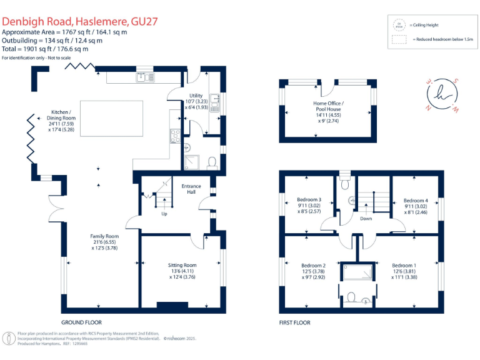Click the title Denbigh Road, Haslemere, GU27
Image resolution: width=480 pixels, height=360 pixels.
80,21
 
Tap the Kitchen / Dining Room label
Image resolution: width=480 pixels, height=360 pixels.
61,117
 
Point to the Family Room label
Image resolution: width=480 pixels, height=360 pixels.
104,236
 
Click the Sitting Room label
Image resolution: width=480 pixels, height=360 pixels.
182,265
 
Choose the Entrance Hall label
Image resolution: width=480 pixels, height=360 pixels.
191,189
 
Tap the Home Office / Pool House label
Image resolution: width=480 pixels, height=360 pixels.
328,106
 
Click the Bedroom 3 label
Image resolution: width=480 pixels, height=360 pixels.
309,200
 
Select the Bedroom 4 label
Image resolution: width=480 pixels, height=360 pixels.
416,201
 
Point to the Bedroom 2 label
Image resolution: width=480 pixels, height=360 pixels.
313,264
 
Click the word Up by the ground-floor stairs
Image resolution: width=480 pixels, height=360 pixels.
164,213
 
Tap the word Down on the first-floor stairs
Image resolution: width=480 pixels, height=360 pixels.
366,219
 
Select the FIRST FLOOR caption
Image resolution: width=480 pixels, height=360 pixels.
294,322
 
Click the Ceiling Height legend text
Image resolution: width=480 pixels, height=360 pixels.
426,25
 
